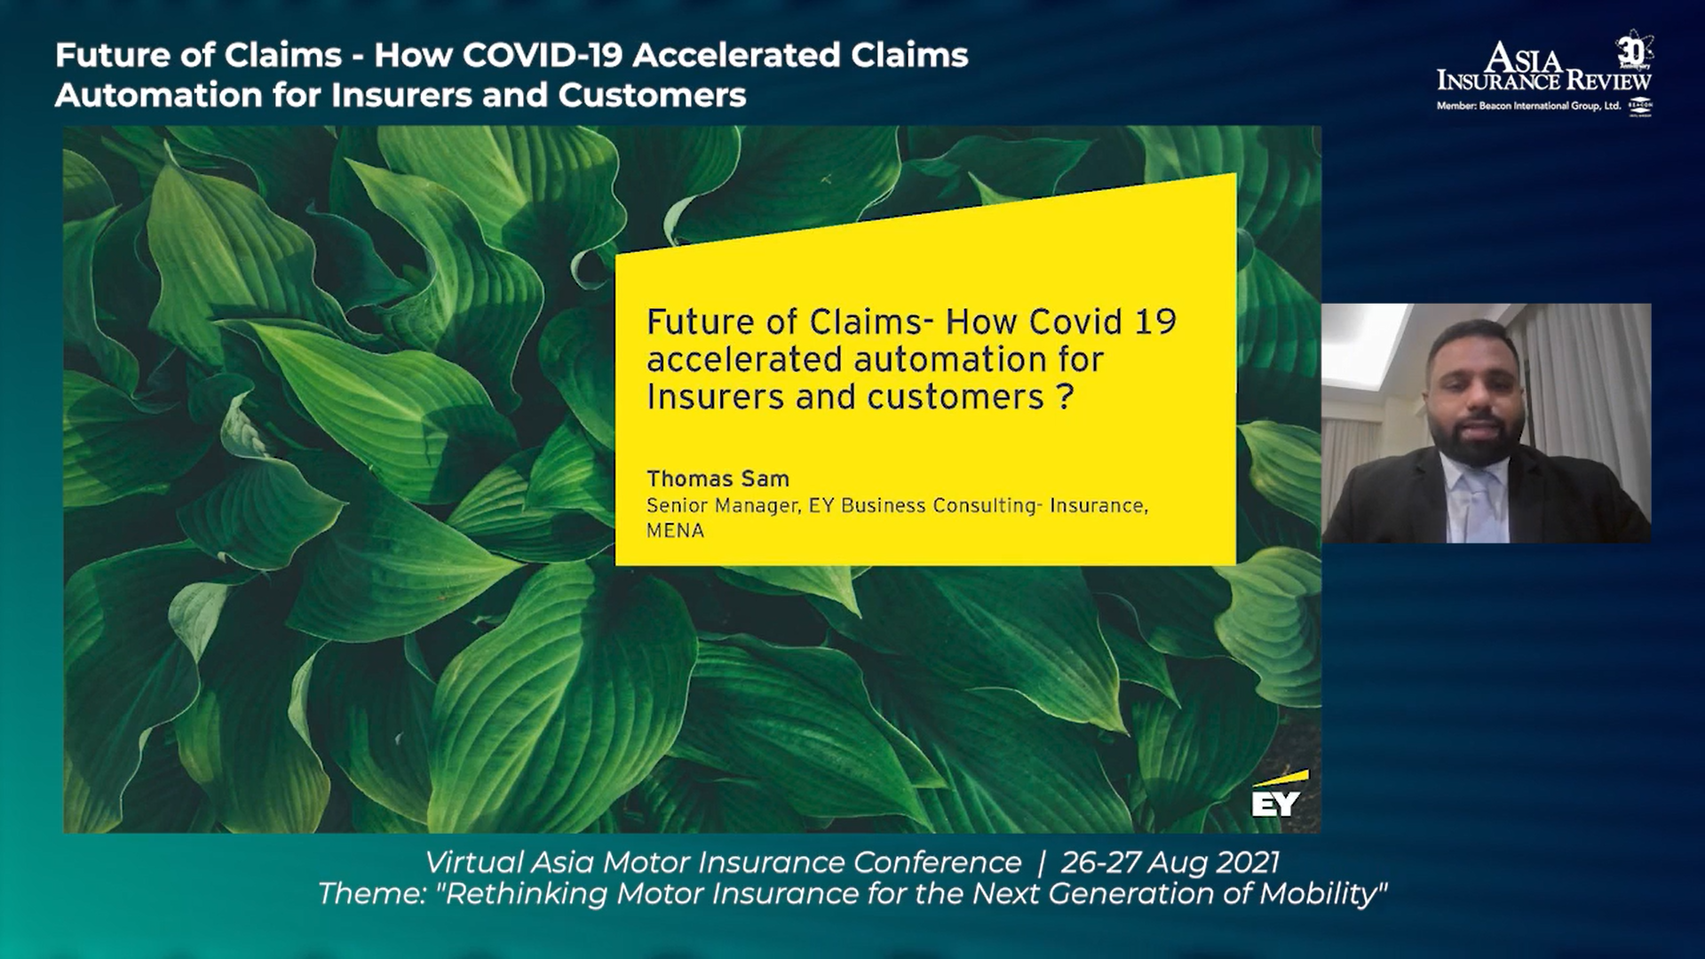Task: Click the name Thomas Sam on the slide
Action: tap(718, 479)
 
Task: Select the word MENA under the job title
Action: tap(675, 530)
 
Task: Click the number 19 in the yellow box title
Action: tap(1154, 321)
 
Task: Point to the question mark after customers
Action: tap(1066, 396)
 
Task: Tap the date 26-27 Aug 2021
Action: tap(1170, 862)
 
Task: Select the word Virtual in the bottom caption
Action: tap(474, 862)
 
